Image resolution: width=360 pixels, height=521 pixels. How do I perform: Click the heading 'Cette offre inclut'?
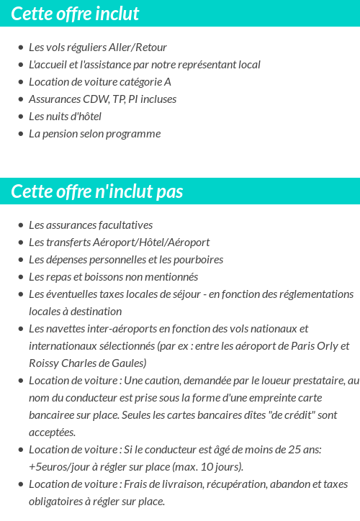[75, 14]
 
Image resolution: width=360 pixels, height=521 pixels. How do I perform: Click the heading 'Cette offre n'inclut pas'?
[97, 191]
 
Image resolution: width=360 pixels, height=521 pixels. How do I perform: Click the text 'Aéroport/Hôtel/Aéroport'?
[150, 243]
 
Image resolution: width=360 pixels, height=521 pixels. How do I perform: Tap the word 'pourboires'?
[197, 260]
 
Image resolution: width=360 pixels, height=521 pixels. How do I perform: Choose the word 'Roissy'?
[45, 363]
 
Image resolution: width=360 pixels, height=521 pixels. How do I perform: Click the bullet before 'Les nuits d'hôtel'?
[20, 117]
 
